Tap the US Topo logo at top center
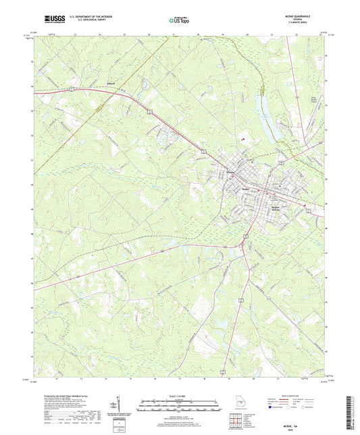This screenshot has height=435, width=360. click(179, 22)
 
